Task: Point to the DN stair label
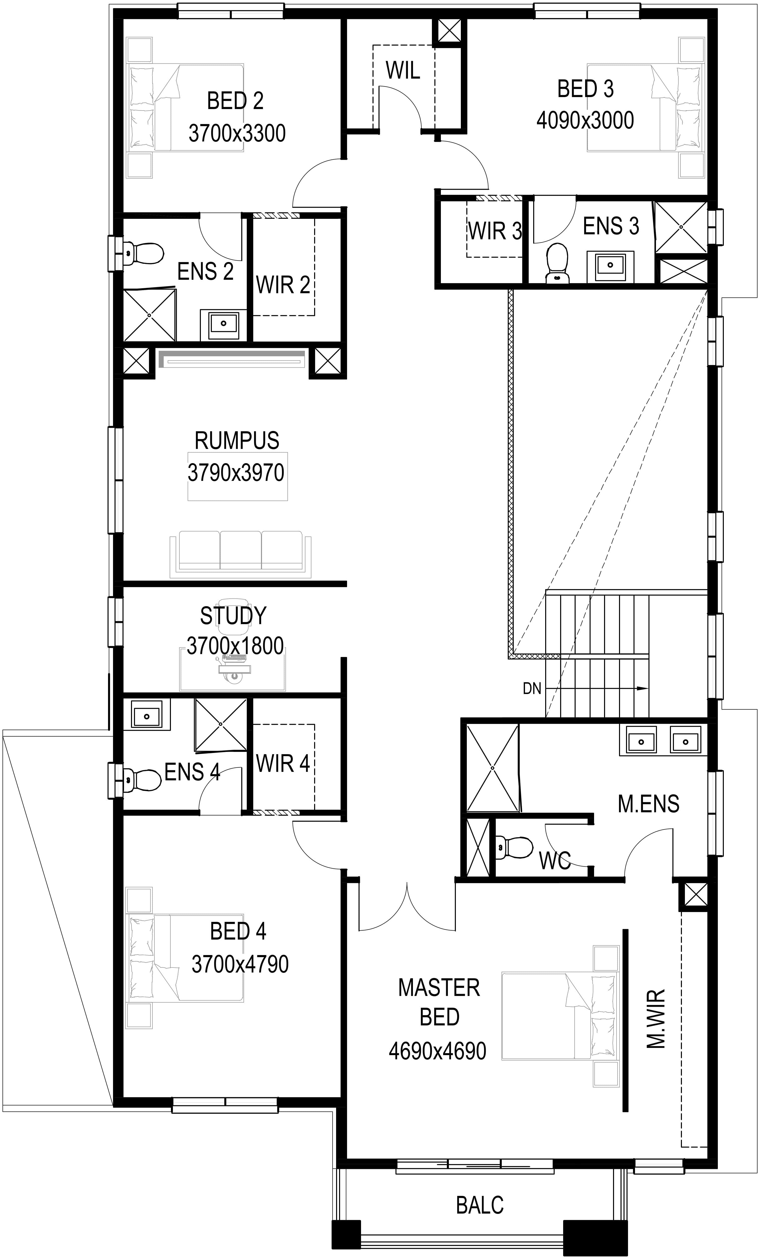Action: (x=532, y=689)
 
